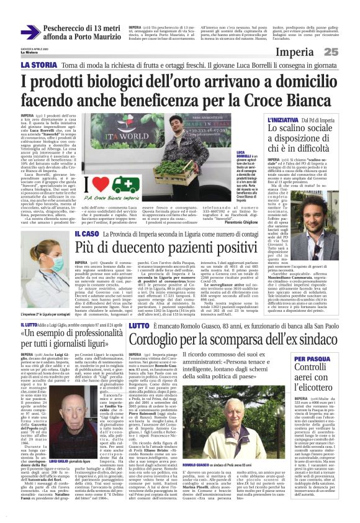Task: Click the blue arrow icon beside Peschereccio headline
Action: click(x=30, y=32)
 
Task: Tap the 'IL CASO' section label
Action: click(x=85, y=233)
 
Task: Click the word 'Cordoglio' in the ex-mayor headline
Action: click(x=158, y=339)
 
